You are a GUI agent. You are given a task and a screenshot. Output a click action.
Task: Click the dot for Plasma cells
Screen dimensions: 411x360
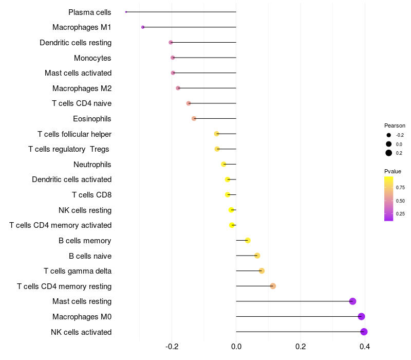click(x=126, y=12)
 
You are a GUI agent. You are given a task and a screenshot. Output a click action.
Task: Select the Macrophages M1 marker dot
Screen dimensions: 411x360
click(x=143, y=27)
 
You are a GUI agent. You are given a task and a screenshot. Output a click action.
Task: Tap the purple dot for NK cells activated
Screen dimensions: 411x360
click(x=364, y=332)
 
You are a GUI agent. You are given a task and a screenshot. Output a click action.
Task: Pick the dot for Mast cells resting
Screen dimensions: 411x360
click(x=353, y=301)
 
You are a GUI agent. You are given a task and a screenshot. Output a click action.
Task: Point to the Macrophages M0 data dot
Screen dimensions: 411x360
click(x=362, y=316)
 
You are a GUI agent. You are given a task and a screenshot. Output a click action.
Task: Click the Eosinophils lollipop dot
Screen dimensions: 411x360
click(x=194, y=119)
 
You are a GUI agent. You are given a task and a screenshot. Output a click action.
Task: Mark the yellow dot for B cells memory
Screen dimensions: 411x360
click(x=248, y=240)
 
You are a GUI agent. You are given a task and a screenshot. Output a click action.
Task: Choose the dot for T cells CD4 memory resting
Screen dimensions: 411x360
click(x=273, y=286)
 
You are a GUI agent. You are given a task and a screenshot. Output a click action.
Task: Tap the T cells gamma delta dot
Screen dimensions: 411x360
click(x=261, y=271)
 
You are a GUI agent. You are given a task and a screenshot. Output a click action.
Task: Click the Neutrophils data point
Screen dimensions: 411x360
click(x=223, y=164)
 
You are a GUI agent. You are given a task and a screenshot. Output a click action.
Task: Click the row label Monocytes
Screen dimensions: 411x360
click(x=92, y=58)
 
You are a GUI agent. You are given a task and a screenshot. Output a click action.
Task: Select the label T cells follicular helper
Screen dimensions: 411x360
click(x=74, y=134)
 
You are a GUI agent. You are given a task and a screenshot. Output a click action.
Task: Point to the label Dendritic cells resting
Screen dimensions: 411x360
click(x=76, y=43)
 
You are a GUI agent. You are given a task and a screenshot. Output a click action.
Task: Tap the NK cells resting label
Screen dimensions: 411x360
click(x=85, y=210)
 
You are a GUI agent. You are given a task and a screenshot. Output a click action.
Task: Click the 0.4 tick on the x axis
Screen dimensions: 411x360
click(x=365, y=347)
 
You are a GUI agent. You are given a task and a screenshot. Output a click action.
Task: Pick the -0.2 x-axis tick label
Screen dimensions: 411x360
click(x=172, y=347)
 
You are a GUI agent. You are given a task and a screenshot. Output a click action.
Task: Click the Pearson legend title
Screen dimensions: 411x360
click(x=395, y=125)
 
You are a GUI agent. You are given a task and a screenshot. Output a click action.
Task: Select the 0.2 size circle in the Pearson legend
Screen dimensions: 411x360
click(x=389, y=153)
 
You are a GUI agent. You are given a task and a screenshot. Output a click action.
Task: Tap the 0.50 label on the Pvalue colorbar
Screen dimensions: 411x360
click(x=400, y=201)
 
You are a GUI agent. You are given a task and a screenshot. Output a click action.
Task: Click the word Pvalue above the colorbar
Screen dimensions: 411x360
click(x=393, y=171)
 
